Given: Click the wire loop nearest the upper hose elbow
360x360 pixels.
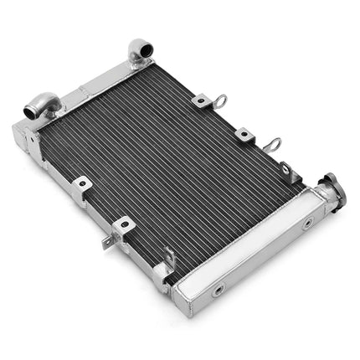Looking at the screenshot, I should [x=220, y=102].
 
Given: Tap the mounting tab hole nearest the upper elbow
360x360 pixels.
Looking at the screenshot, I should [x=203, y=101].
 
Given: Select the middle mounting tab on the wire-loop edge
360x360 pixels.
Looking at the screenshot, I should [x=244, y=134].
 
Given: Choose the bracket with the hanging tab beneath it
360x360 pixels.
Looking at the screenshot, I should [x=123, y=226].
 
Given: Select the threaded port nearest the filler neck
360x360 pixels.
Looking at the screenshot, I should [x=307, y=224].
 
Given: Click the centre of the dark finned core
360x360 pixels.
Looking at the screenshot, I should [x=167, y=167].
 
